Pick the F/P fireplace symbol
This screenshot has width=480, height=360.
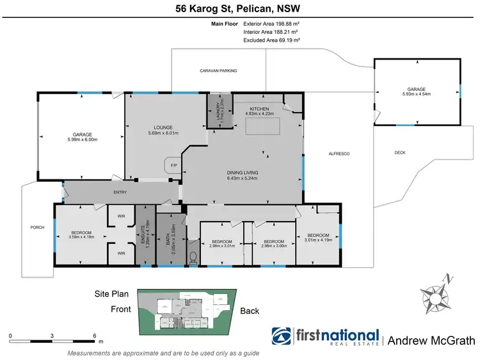(x=173, y=166)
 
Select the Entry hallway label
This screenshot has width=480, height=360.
(x=121, y=192)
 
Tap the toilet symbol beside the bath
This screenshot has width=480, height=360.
(x=193, y=258)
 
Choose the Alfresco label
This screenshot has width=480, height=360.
(x=337, y=154)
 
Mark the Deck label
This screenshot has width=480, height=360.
(x=401, y=152)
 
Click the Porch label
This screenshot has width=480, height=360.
(x=37, y=227)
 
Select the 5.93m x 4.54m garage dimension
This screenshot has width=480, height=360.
(x=416, y=94)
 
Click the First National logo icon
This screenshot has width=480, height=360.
(x=282, y=337)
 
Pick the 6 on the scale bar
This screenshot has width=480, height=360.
(x=95, y=336)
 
